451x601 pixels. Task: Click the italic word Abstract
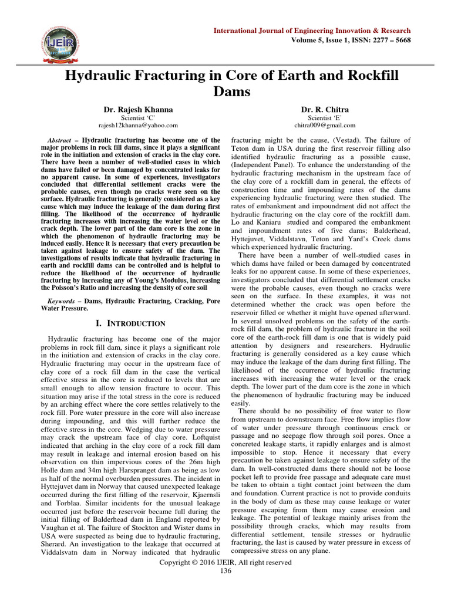coord(62,141)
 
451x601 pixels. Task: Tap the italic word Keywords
coord(63,300)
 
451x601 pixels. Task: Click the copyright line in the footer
coord(225,562)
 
